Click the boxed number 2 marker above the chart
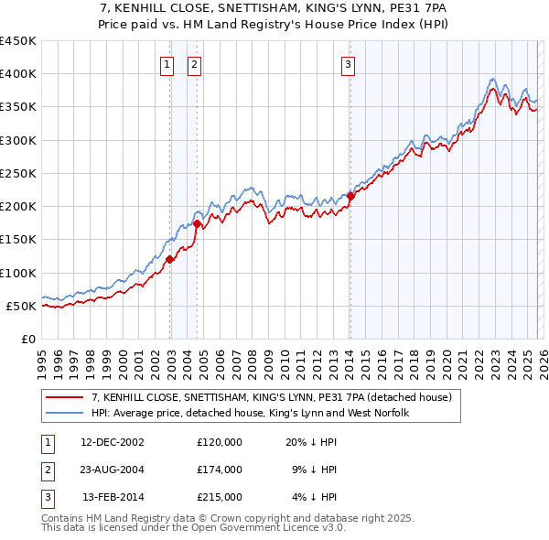[x=196, y=64]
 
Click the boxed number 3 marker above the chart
[x=350, y=64]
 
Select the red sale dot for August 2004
[x=197, y=223]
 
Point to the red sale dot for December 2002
[x=169, y=259]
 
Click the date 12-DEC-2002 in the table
[x=113, y=442]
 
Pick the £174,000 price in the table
[x=220, y=470]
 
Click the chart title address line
[x=274, y=9]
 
